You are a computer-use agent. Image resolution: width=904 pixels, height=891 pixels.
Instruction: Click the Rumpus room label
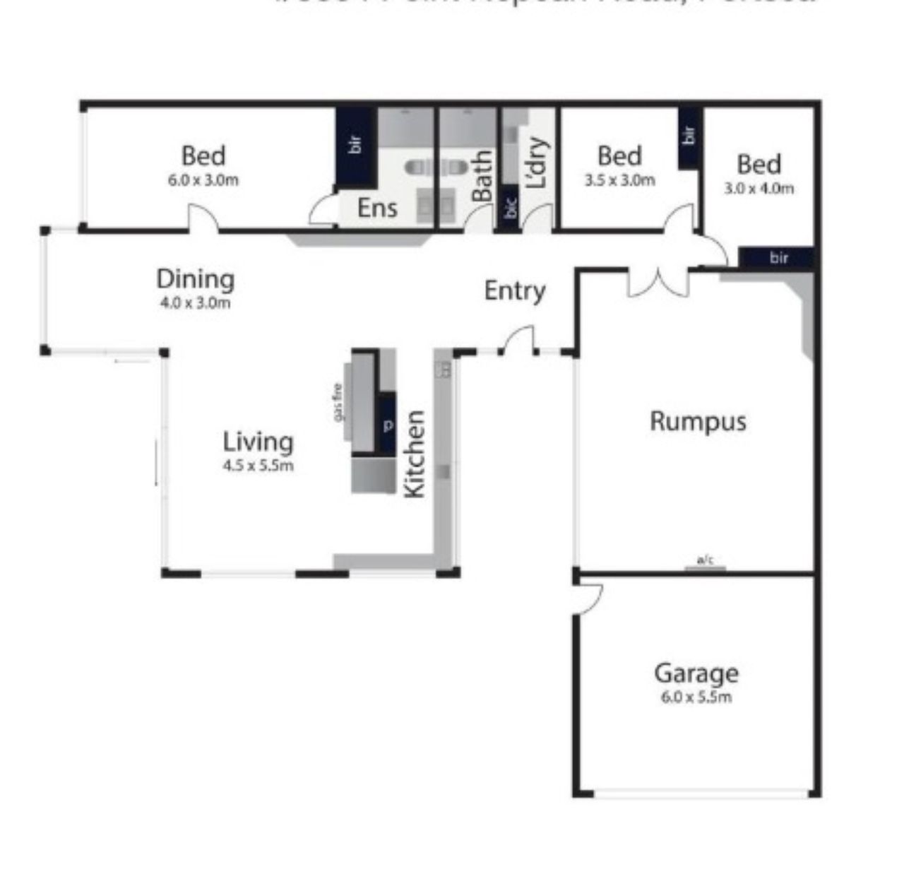point(698,422)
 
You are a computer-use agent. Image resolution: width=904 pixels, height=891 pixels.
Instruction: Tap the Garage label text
point(696,673)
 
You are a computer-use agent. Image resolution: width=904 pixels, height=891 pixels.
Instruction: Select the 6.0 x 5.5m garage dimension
point(696,697)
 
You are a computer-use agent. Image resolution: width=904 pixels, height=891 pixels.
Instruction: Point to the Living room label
point(258,442)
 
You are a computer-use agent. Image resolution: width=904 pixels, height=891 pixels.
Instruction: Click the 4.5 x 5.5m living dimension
point(258,466)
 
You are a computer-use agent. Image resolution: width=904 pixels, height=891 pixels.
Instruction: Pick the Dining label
point(195,279)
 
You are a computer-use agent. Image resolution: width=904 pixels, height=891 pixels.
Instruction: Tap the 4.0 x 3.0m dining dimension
point(195,303)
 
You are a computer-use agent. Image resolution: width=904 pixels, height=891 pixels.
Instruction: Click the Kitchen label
point(415,454)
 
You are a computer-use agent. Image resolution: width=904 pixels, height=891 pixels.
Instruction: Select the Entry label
point(515,291)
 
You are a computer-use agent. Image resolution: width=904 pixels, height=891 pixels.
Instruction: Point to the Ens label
point(377,208)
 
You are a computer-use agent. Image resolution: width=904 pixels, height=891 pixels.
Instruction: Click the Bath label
point(483,176)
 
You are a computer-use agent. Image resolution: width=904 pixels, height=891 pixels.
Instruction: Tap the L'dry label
point(537,163)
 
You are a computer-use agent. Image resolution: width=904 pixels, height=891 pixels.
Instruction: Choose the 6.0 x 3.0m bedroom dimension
point(203,180)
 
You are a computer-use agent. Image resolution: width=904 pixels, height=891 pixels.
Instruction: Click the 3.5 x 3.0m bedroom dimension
point(619,180)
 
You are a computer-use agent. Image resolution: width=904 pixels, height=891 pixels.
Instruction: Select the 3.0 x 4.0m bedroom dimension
point(759,189)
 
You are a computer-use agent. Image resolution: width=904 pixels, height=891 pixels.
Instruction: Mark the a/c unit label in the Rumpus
point(706,561)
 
